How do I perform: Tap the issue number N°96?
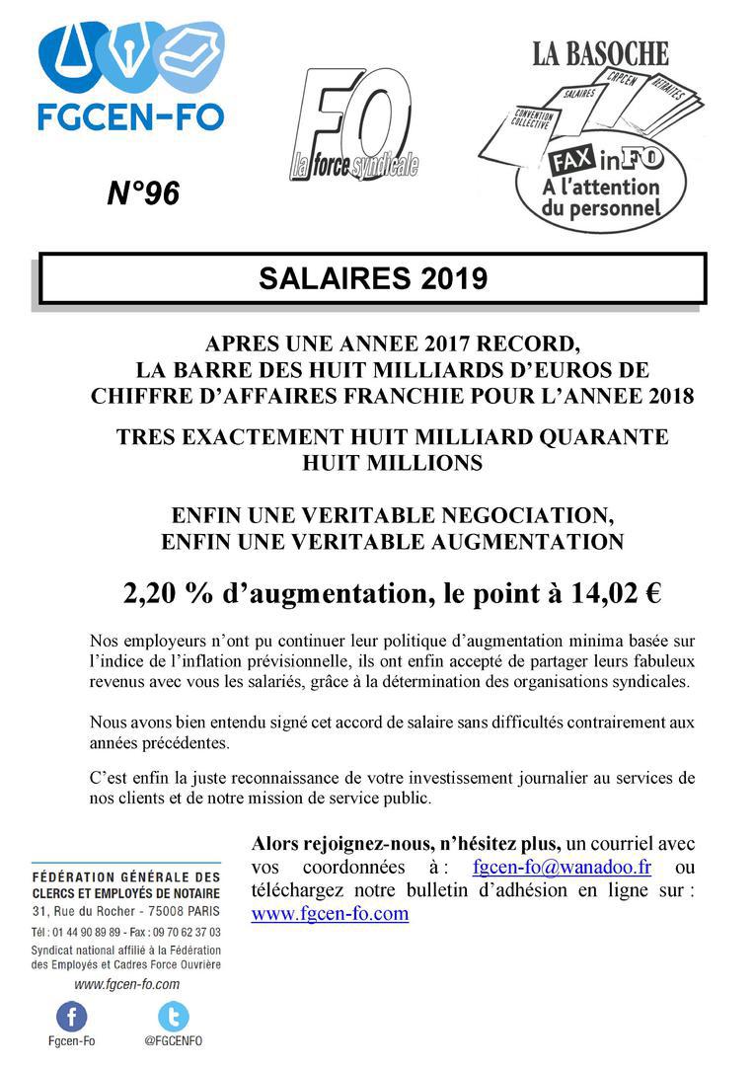pyautogui.click(x=143, y=194)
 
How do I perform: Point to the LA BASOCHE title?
pyautogui.click(x=600, y=53)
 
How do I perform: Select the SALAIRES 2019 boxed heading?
pyautogui.click(x=373, y=279)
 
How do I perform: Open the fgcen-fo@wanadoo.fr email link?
pyautogui.click(x=562, y=868)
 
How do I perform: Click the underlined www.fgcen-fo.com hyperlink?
pyautogui.click(x=330, y=913)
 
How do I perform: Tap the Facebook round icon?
pyautogui.click(x=71, y=1016)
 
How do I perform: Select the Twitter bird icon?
pyautogui.click(x=173, y=1016)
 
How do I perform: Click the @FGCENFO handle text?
pyautogui.click(x=173, y=1040)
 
